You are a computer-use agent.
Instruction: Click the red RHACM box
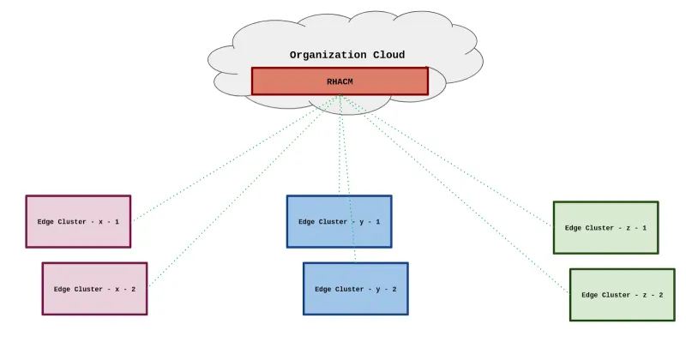pos(340,81)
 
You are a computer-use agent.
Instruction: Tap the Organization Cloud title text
pos(346,55)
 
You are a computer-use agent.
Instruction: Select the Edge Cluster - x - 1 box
pos(78,221)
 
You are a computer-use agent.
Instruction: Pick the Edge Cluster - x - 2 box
pos(94,289)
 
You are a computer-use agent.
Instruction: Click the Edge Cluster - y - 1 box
pos(339,221)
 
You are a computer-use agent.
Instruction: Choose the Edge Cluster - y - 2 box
pos(355,289)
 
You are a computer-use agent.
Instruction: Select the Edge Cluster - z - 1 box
pos(605,228)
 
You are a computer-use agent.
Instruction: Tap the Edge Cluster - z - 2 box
pos(622,295)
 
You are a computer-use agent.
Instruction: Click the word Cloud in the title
pos(387,55)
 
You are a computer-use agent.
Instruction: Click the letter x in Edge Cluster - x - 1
pos(101,222)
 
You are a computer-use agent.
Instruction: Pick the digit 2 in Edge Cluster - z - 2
pos(659,295)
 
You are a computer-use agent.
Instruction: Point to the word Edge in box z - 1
pos(574,228)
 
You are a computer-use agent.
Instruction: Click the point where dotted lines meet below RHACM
pos(340,96)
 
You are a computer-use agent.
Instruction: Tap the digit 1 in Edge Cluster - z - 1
pos(643,228)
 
